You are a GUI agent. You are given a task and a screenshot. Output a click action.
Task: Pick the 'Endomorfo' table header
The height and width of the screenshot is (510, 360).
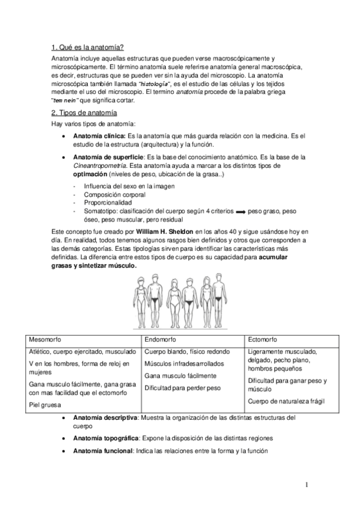click(x=162, y=339)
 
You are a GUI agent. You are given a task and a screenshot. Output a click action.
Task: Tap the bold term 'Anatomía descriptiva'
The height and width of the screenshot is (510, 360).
click(x=105, y=417)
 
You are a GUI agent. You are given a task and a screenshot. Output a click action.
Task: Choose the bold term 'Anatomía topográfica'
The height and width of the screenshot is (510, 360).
click(x=106, y=438)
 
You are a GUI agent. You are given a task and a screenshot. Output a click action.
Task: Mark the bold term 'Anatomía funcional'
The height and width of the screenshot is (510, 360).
click(x=102, y=451)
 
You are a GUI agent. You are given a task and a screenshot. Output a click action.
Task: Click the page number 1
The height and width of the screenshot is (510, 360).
click(x=306, y=485)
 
